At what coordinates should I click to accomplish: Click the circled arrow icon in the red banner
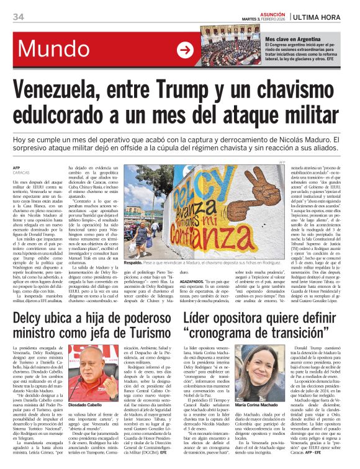pos(185,50)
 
